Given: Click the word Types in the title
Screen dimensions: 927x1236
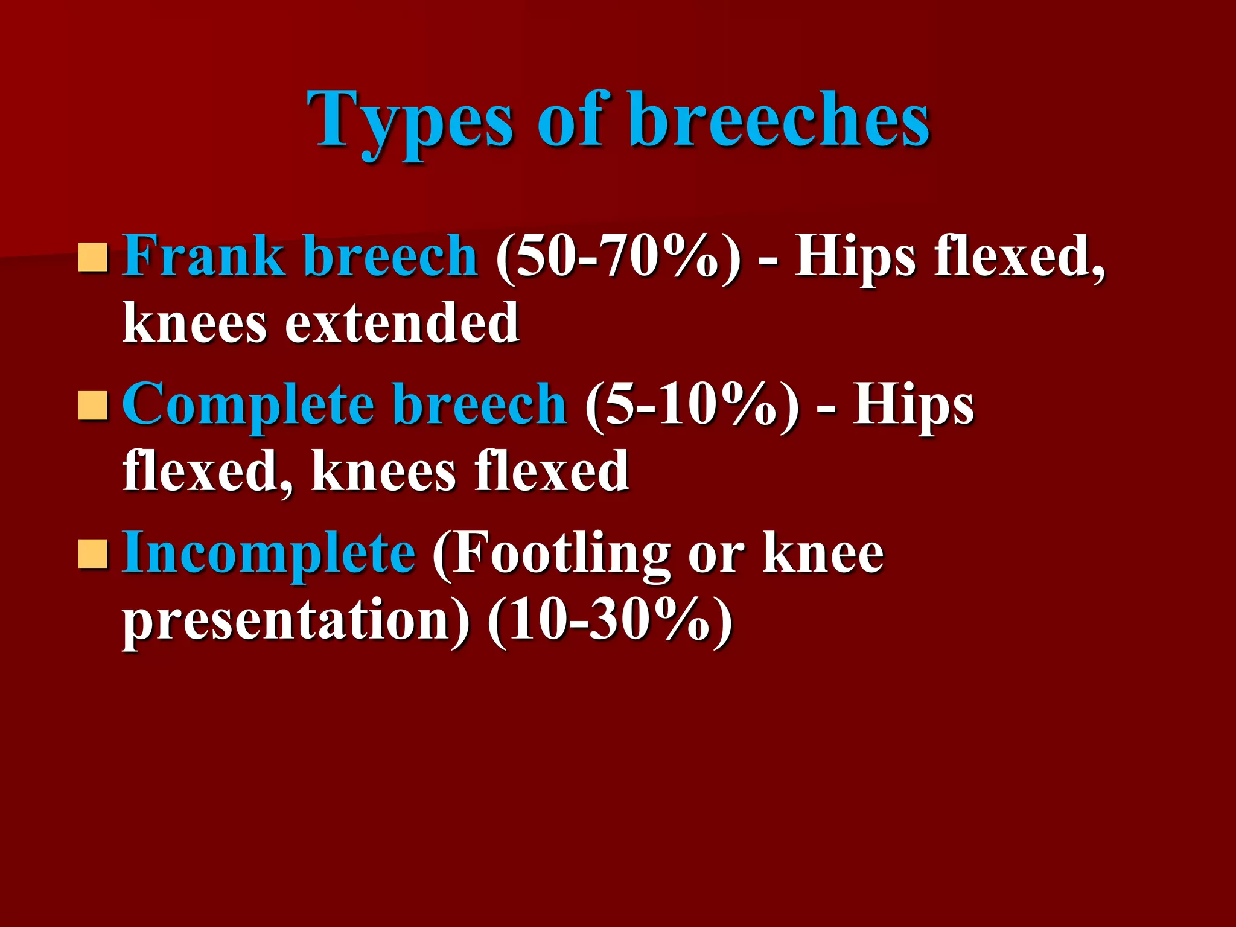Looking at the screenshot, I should click(411, 121).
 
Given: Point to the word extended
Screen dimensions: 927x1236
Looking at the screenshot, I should click(401, 323).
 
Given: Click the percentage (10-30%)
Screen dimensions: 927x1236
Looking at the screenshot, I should click(610, 622).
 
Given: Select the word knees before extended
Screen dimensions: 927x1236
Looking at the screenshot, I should click(194, 323).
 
